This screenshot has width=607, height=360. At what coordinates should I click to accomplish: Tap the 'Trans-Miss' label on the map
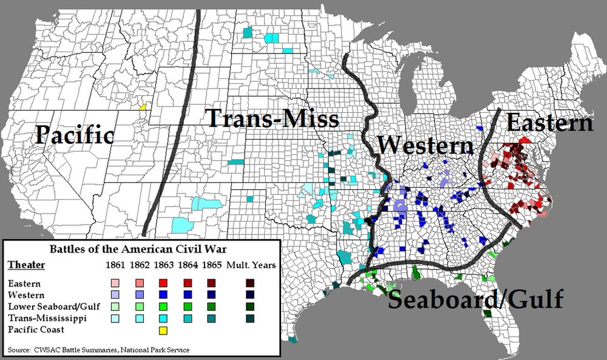click(x=273, y=118)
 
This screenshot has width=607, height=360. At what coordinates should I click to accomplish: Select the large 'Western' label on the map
click(x=425, y=146)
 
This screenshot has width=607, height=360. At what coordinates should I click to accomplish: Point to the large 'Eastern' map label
click(x=549, y=123)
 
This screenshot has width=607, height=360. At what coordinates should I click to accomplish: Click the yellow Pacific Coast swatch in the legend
click(x=162, y=331)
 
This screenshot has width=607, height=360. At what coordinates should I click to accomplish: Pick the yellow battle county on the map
click(x=143, y=107)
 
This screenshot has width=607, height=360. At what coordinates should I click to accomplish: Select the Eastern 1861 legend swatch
click(x=114, y=283)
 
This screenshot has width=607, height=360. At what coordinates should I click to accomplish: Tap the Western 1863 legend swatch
click(x=162, y=294)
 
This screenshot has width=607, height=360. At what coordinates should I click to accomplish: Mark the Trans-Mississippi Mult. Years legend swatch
click(x=249, y=318)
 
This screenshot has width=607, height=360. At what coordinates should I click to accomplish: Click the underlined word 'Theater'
click(x=22, y=265)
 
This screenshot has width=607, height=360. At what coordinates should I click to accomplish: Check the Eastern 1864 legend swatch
click(x=186, y=283)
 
